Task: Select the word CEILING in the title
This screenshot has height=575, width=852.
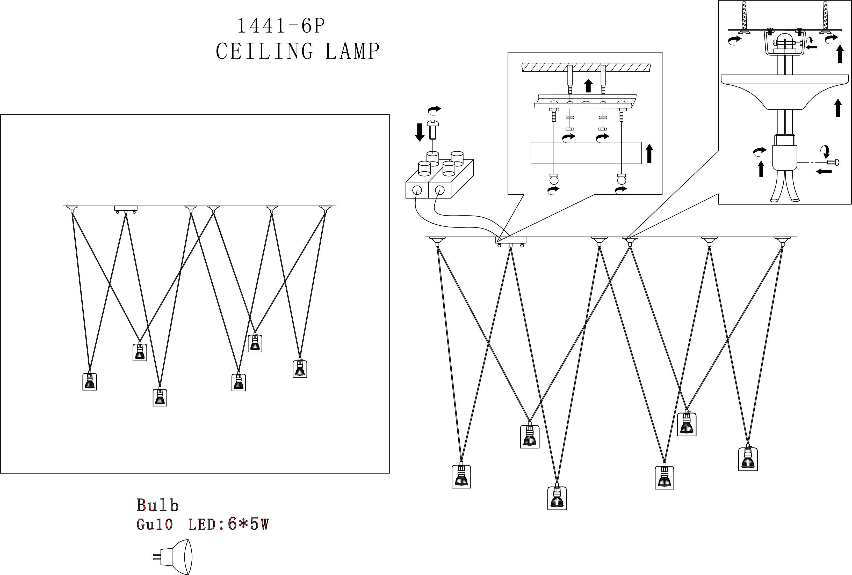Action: click(x=264, y=51)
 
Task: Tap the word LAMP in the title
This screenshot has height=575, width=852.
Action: click(x=352, y=51)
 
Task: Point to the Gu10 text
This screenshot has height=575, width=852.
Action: click(x=154, y=525)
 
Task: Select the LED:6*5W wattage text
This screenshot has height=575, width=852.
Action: click(x=228, y=525)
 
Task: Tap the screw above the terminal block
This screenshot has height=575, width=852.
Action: click(x=433, y=130)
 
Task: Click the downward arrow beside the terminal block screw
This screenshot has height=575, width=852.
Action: click(x=420, y=132)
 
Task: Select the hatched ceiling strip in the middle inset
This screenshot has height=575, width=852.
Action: click(x=586, y=67)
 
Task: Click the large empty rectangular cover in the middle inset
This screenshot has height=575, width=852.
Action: click(x=586, y=153)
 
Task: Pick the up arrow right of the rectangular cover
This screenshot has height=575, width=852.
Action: click(x=649, y=153)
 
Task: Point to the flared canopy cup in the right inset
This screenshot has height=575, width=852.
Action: click(x=785, y=92)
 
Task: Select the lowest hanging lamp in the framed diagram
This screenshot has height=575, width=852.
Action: click(x=160, y=397)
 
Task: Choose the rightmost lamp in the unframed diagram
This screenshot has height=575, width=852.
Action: click(x=748, y=459)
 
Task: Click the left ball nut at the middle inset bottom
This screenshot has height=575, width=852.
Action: click(x=554, y=180)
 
